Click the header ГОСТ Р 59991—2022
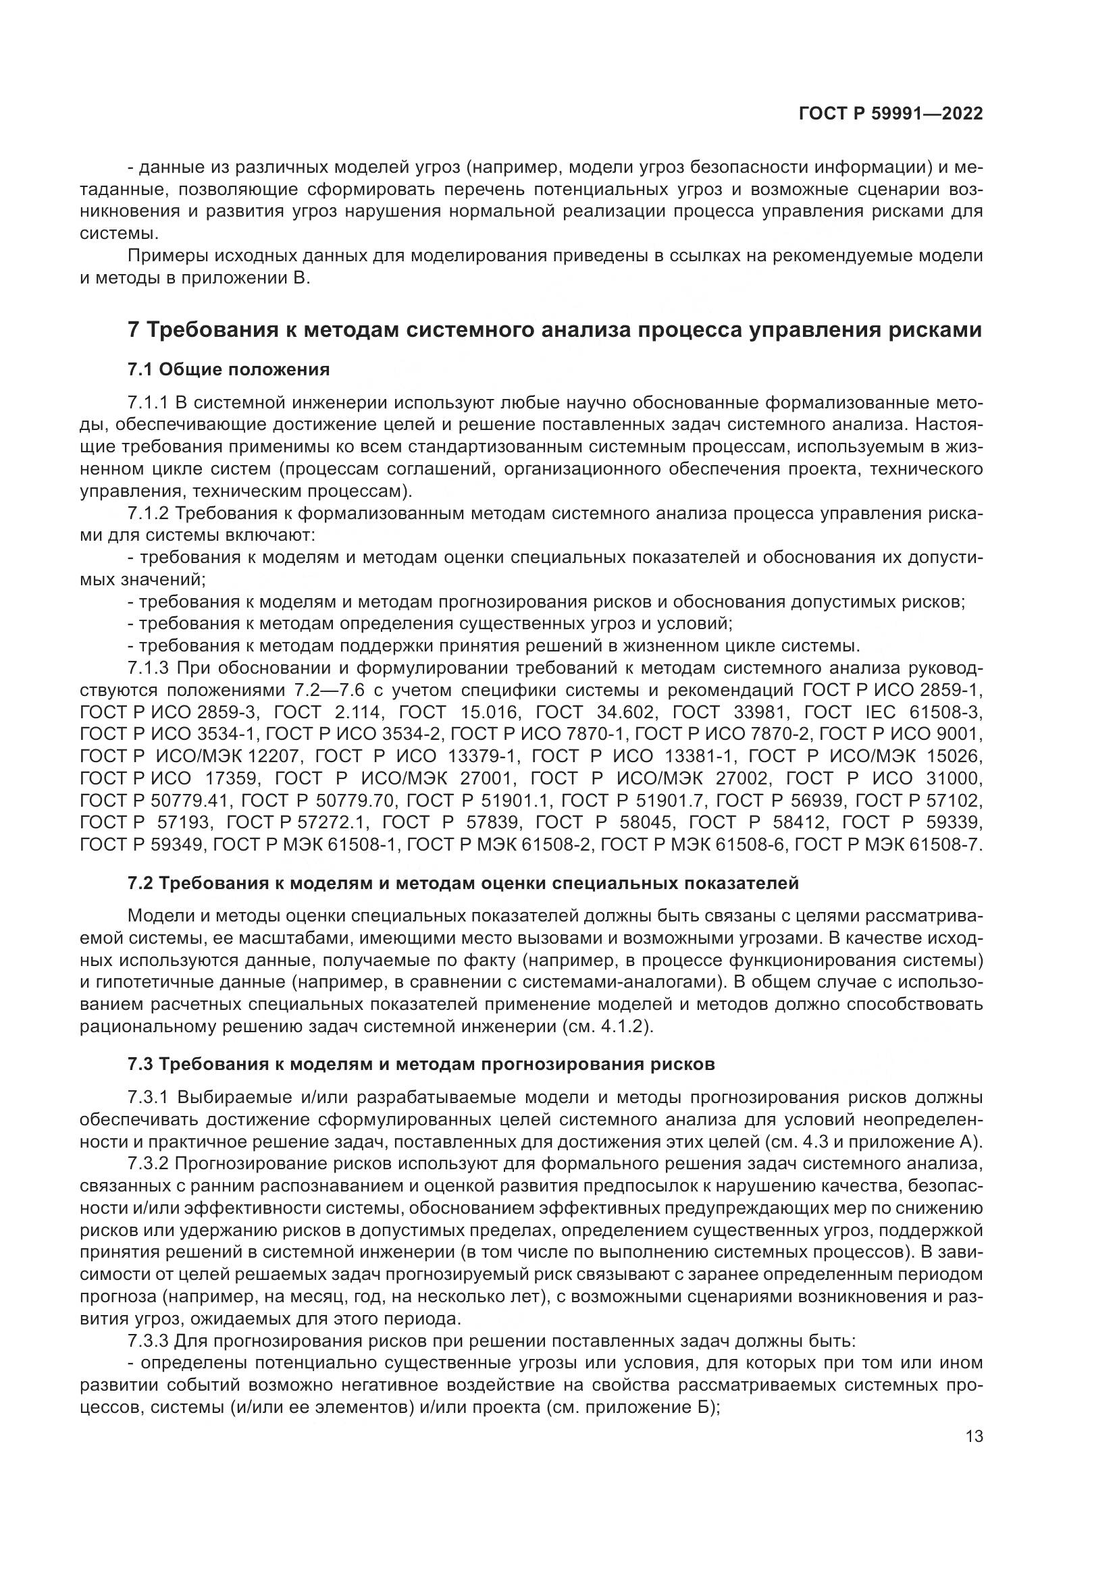891,113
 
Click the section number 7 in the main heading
134,330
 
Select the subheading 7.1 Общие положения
228,370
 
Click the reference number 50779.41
197,801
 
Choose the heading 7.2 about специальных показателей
463,884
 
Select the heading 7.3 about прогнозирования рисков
421,1065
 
